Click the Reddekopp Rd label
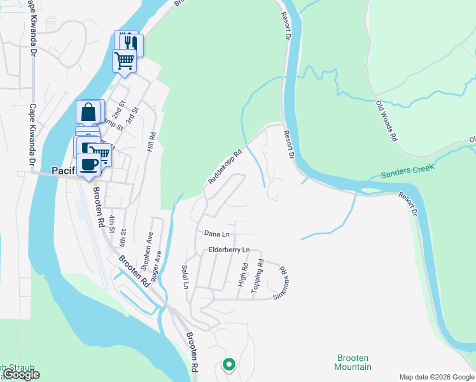pos(225,167)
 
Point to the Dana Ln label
pos(216,234)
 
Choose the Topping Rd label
pos(258,276)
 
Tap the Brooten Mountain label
pos(353,362)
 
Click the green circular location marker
pos(228,365)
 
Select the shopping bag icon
pos(90,111)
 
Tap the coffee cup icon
pos(90,164)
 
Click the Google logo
pos(22,375)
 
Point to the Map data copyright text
pos(436,377)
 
